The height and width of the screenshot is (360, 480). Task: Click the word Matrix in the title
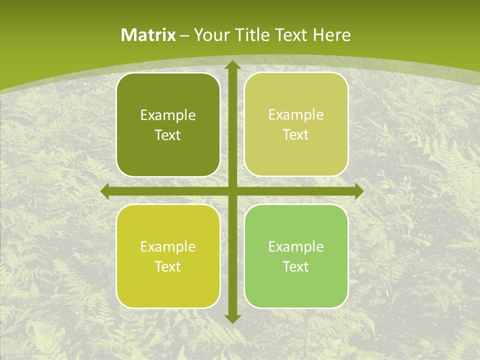[x=148, y=35]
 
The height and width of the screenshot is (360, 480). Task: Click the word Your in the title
[x=208, y=35]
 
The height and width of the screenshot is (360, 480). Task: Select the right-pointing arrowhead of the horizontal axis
[x=358, y=191]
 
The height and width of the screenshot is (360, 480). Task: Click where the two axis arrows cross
[x=232, y=191]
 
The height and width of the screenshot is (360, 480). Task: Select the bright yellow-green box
[x=168, y=290]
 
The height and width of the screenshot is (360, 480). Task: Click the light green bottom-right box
[x=296, y=290]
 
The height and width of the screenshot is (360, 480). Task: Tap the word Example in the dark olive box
[x=168, y=115]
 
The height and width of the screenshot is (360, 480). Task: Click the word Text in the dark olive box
[x=168, y=135]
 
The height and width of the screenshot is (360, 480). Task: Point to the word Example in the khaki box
[x=296, y=114]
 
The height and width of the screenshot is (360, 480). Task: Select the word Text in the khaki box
[x=296, y=134]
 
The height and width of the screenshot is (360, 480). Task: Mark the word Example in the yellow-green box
[x=168, y=247]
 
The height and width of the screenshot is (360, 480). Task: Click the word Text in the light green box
[x=296, y=266]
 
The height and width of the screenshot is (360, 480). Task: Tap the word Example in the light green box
[x=296, y=246]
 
